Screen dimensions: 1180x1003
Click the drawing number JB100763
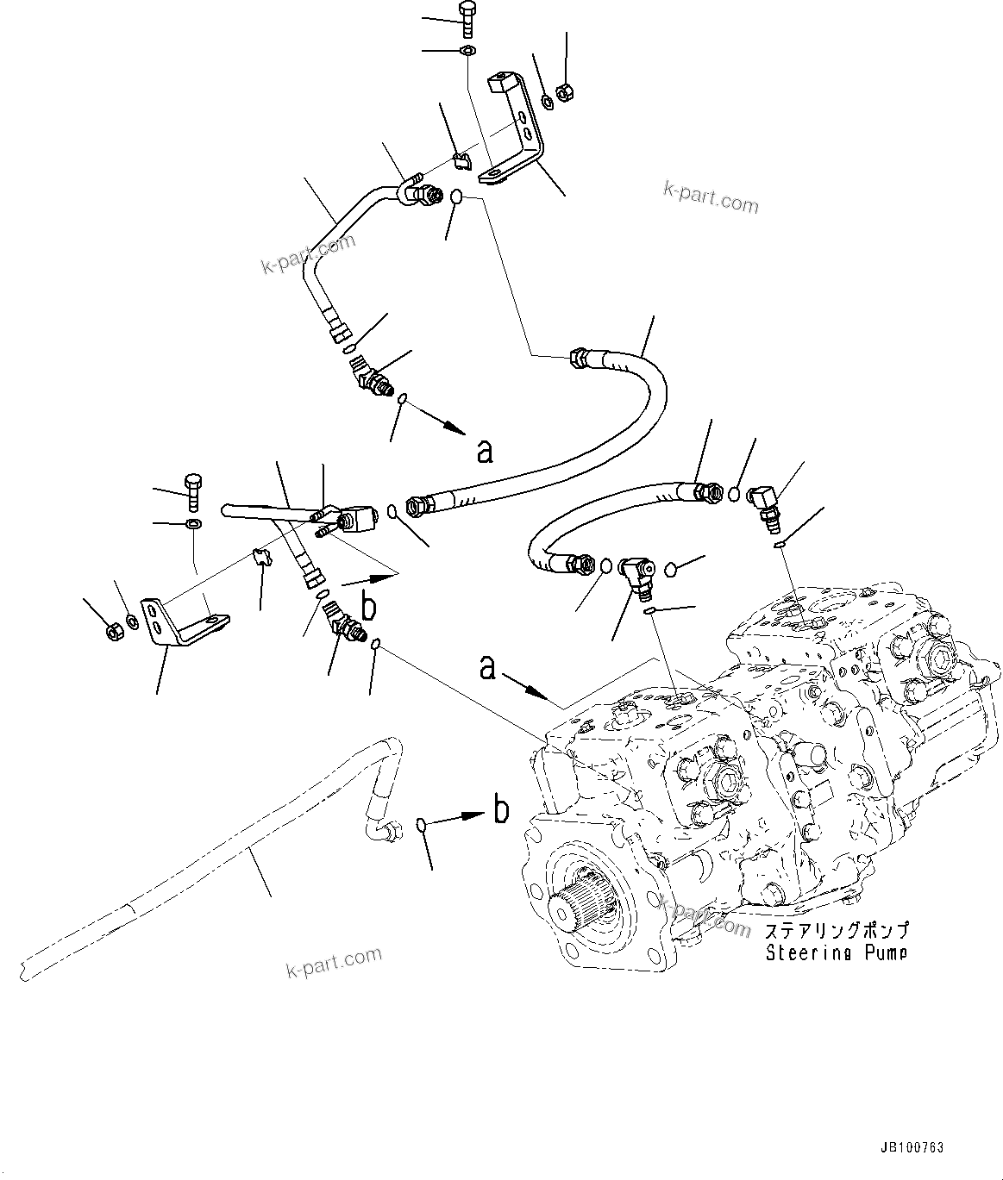point(912,1149)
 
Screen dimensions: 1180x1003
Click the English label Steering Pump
point(837,953)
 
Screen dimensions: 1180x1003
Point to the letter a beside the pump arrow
point(488,666)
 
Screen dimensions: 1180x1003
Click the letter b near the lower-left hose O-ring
point(499,810)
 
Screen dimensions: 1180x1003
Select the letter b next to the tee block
point(368,606)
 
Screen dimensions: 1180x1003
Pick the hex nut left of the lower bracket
point(113,632)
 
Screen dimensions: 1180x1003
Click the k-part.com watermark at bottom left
point(334,964)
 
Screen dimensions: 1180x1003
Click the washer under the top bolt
point(467,51)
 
